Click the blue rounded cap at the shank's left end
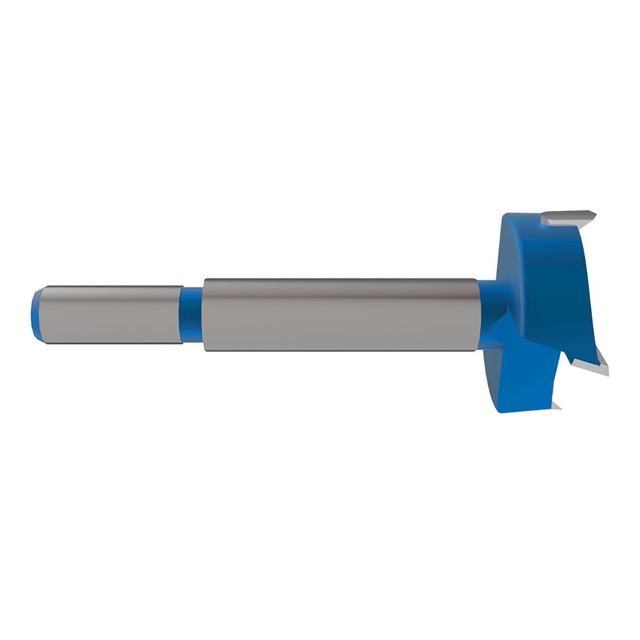point(34,314)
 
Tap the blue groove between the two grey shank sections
point(191,314)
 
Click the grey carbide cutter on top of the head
point(566,217)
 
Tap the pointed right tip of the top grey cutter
point(594,216)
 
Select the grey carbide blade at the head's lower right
point(590,367)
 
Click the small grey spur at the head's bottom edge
point(556,406)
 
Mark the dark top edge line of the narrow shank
point(113,286)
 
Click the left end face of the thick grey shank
point(203,314)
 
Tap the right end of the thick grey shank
point(476,314)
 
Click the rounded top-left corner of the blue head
point(505,216)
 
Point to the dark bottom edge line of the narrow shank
point(113,343)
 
